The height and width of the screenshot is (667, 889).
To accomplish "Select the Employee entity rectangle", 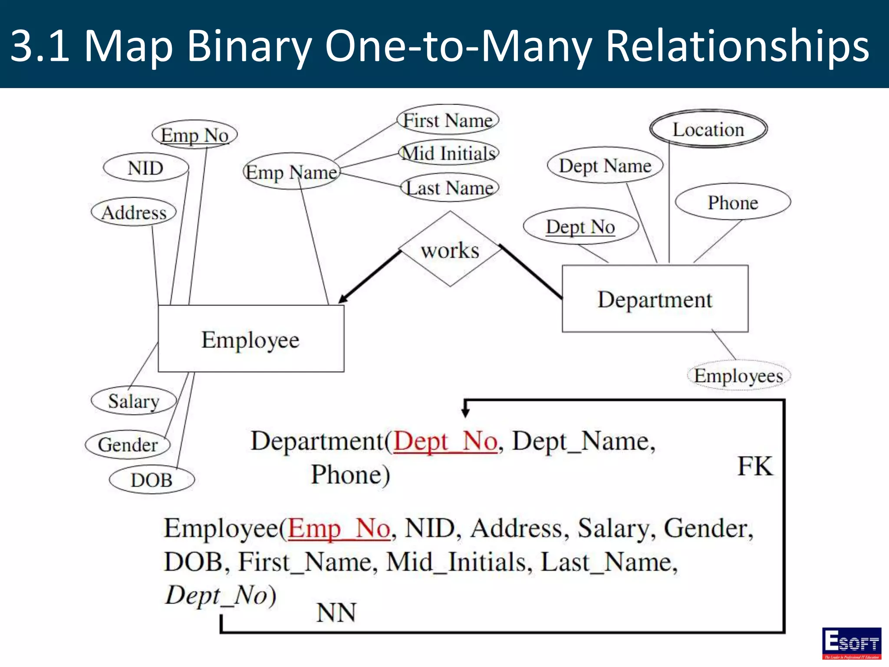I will pyautogui.click(x=251, y=339).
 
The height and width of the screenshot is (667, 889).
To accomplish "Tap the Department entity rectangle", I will pyautogui.click(x=655, y=299).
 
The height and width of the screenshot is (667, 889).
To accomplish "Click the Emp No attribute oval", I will pyautogui.click(x=194, y=135).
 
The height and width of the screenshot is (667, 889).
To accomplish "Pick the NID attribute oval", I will pyautogui.click(x=146, y=168).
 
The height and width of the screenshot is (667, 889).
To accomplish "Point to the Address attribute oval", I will pyautogui.click(x=134, y=212).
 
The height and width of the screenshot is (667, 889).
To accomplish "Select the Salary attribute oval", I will pyautogui.click(x=134, y=400).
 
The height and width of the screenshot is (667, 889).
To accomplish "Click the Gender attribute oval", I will pyautogui.click(x=128, y=444).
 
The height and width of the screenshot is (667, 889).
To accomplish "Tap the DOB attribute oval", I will pyautogui.click(x=151, y=479).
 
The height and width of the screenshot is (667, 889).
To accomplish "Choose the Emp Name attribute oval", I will pyautogui.click(x=291, y=172).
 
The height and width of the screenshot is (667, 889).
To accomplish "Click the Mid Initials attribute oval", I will pyautogui.click(x=448, y=153).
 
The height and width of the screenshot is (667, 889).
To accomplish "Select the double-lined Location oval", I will pyautogui.click(x=708, y=129).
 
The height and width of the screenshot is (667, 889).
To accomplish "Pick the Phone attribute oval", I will pyautogui.click(x=733, y=202).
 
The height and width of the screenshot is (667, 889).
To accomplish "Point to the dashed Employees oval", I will pyautogui.click(x=738, y=376).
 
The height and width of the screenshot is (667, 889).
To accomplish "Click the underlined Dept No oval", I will pyautogui.click(x=580, y=226).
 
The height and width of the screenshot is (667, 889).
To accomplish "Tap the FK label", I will pyautogui.click(x=755, y=466).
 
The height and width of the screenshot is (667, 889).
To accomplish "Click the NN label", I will pyautogui.click(x=336, y=612).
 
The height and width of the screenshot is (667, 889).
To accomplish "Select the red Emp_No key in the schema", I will pyautogui.click(x=339, y=528).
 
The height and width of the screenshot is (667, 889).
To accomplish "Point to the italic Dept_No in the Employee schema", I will pyautogui.click(x=216, y=594).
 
